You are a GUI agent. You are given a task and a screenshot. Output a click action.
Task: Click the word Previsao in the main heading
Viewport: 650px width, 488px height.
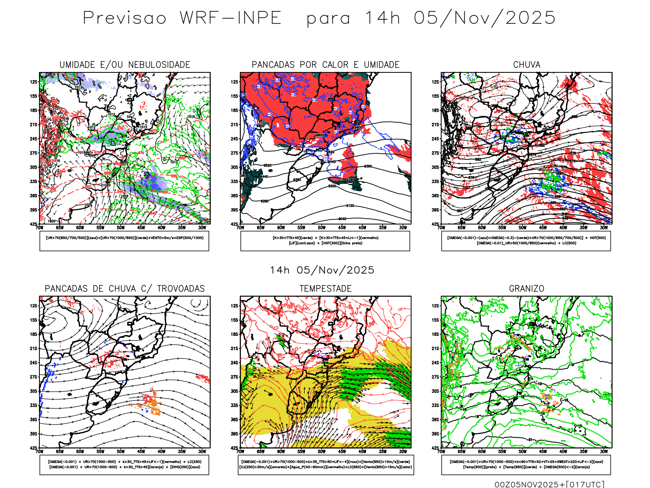tap(125, 18)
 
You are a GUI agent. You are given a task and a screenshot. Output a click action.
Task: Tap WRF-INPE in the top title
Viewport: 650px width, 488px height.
tap(230, 18)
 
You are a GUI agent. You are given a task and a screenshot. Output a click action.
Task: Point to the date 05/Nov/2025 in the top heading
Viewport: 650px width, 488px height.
tap(485, 18)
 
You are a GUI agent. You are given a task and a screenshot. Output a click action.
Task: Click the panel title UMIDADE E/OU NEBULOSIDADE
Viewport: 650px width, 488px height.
tap(125, 65)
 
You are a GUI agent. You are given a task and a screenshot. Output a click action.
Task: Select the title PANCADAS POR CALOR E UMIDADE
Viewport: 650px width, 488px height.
tap(325, 65)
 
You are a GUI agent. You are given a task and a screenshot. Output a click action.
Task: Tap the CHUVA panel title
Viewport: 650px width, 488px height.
tap(526, 65)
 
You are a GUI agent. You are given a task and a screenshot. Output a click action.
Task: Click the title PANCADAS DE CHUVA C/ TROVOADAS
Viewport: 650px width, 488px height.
tap(125, 289)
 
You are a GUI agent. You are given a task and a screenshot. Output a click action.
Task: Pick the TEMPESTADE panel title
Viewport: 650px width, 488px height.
tap(325, 289)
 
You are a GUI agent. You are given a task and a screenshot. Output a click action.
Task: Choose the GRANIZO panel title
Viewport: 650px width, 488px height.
tap(526, 289)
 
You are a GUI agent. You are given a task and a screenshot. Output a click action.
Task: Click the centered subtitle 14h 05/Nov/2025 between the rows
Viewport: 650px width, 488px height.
tap(322, 270)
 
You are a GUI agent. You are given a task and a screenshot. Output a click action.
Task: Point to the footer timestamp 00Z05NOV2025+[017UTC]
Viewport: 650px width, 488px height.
tap(549, 484)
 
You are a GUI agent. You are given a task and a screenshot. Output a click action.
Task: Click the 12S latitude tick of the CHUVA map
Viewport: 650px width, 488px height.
tap(435, 82)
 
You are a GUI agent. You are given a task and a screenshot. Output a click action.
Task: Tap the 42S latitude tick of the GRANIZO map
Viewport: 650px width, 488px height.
tap(435, 448)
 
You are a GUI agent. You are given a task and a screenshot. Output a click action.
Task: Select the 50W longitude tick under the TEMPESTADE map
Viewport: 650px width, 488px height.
tap(322, 451)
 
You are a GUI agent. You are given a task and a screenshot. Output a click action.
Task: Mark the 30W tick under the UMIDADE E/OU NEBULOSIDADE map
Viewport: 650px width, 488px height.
tap(202, 228)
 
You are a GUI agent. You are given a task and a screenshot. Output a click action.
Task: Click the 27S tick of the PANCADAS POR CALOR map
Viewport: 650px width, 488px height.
tap(235, 153)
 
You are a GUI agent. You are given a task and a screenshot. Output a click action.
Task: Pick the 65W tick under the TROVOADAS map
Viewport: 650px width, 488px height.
tap(60, 451)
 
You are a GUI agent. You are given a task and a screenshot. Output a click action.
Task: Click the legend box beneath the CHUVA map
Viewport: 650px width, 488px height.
tap(526, 241)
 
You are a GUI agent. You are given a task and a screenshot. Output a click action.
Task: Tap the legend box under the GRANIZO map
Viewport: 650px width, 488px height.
tap(526, 464)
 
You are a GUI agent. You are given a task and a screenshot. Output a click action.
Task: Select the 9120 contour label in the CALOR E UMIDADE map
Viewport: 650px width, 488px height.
tap(349, 206)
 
